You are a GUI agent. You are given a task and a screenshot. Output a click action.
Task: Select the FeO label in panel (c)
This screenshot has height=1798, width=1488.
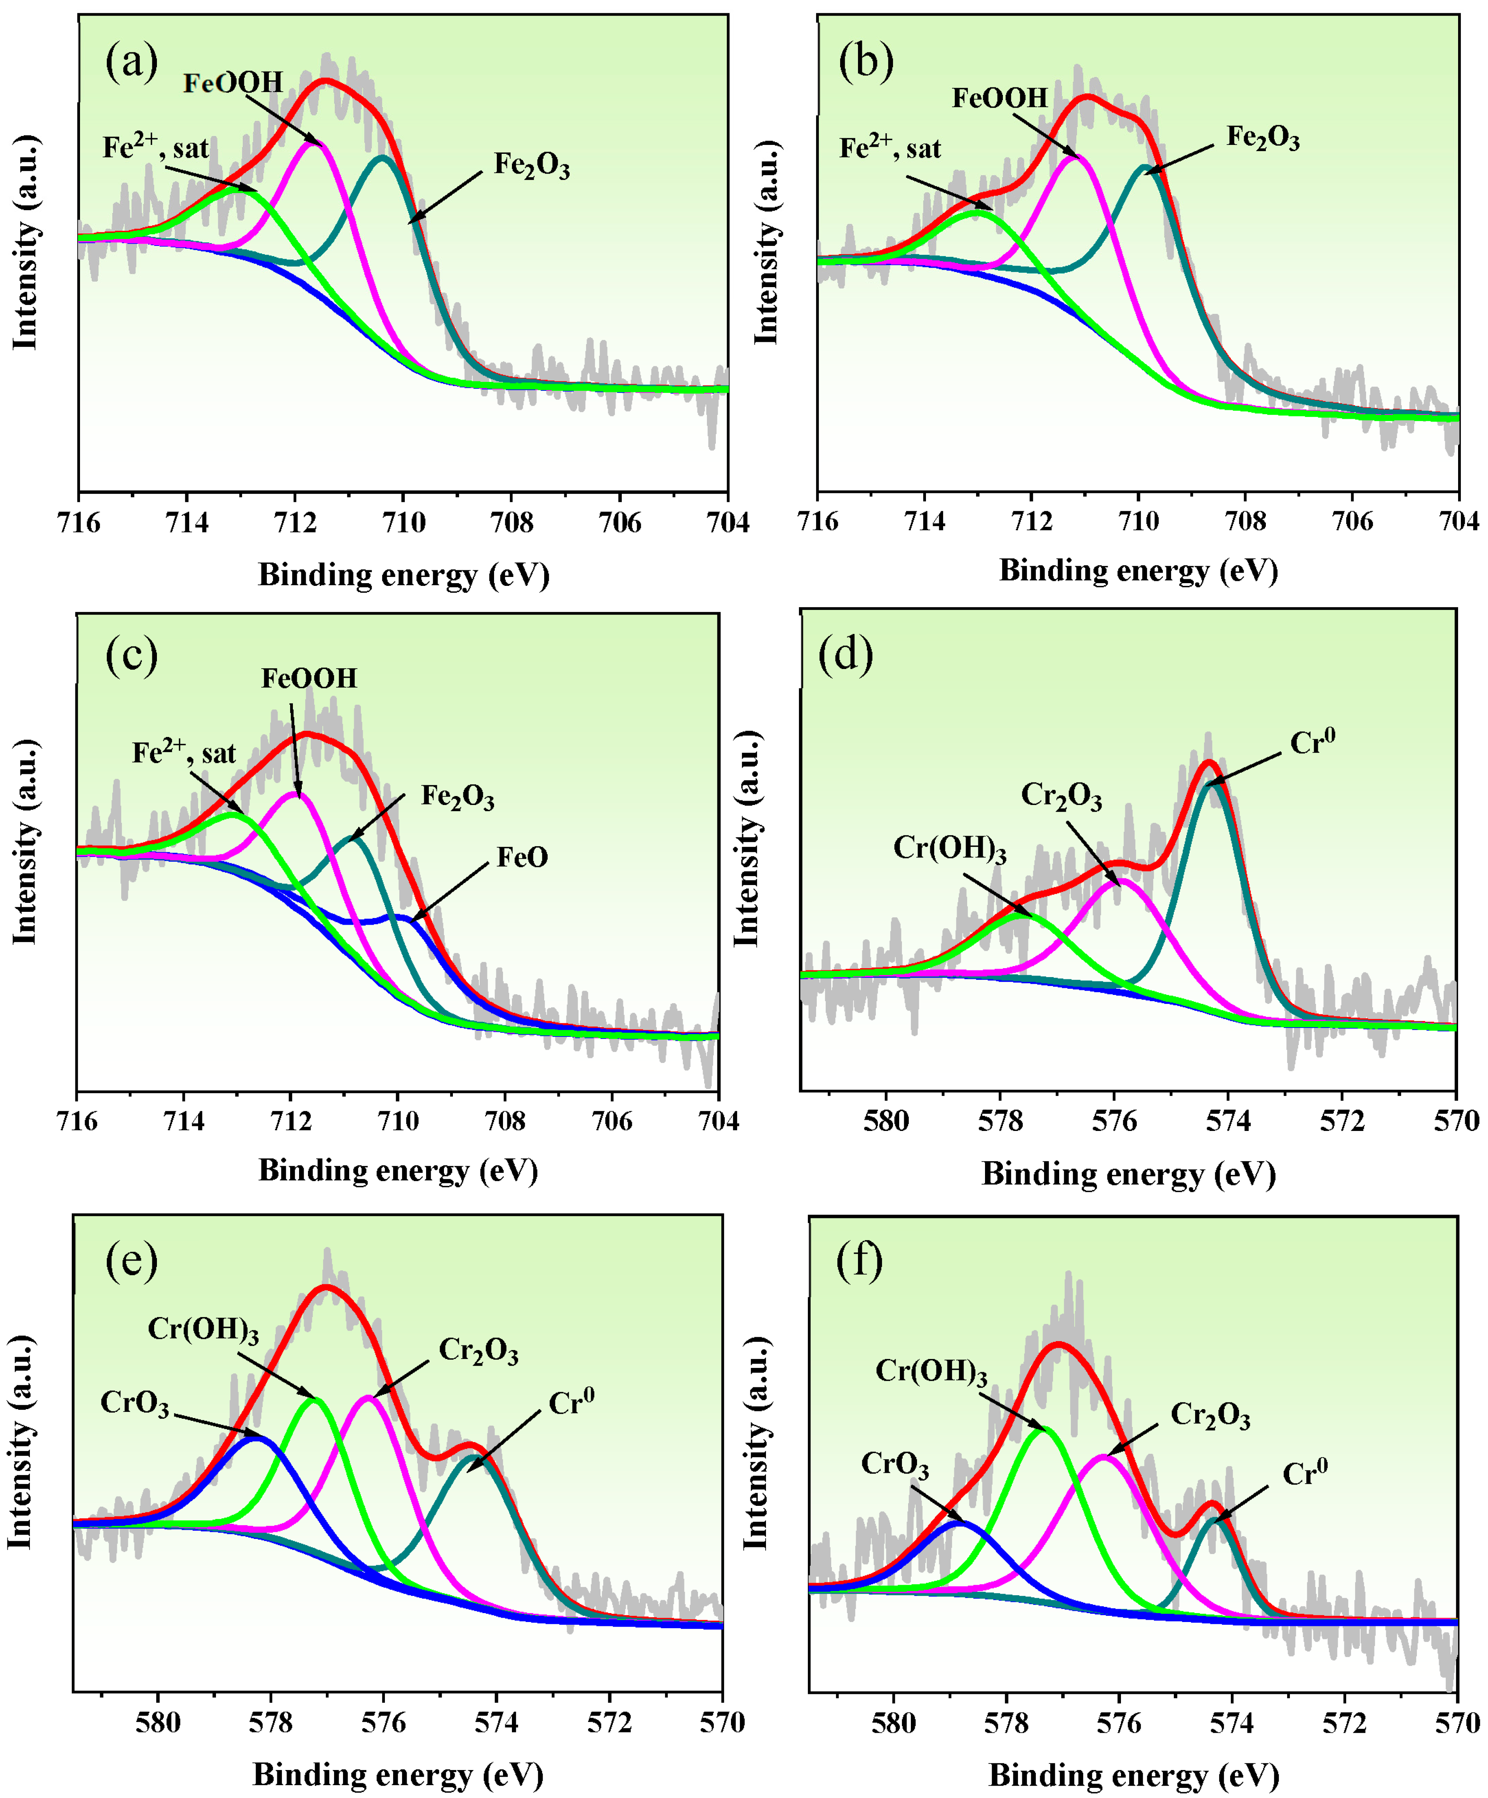click(522, 857)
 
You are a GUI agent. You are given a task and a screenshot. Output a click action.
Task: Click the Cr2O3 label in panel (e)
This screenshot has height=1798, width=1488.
click(478, 1351)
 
